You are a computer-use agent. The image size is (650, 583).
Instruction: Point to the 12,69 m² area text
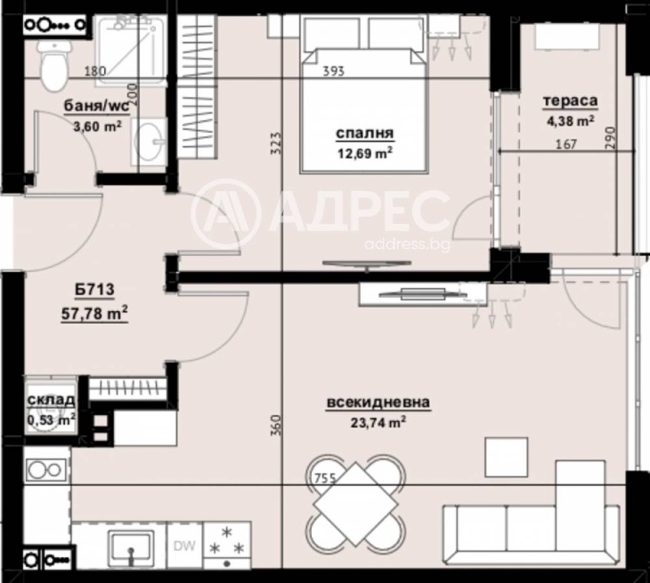click(365, 151)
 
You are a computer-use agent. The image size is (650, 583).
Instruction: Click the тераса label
click(570, 102)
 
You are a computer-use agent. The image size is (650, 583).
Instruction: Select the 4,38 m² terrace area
click(570, 121)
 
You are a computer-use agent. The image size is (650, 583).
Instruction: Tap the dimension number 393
click(333, 71)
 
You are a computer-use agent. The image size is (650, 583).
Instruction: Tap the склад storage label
click(51, 400)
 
